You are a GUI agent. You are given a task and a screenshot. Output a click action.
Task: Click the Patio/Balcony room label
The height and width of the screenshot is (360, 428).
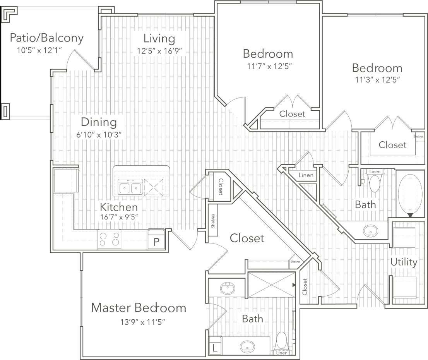[46, 38]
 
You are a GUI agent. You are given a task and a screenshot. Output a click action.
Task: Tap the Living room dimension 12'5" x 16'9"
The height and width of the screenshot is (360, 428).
[159, 51]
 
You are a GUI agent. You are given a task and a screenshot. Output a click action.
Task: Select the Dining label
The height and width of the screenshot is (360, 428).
[99, 122]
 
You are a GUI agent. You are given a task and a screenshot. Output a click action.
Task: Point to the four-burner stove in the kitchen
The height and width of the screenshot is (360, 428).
[109, 238]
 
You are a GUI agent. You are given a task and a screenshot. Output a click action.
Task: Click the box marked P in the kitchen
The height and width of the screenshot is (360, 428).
[156, 242]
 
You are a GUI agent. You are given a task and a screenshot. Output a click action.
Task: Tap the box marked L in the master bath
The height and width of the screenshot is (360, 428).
[214, 348]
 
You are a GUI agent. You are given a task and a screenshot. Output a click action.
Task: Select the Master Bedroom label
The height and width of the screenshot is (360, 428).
[139, 308]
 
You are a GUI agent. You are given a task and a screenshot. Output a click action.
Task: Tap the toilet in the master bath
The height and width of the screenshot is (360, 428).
[281, 341]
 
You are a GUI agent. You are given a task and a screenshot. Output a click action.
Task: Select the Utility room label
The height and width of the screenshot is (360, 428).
[404, 262]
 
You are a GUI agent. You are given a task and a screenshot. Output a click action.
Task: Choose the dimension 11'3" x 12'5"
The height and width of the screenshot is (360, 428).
[377, 80]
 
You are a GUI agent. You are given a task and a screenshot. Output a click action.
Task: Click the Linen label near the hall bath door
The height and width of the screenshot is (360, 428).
[306, 175]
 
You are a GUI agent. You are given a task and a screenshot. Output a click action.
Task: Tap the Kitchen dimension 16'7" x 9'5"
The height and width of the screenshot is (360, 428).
[119, 218]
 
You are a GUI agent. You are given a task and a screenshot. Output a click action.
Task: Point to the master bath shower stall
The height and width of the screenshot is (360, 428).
[270, 285]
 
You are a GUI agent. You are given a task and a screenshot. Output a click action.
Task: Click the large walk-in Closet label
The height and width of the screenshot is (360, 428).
[247, 238]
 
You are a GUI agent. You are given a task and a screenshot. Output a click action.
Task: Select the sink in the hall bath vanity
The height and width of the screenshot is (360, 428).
[371, 231]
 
